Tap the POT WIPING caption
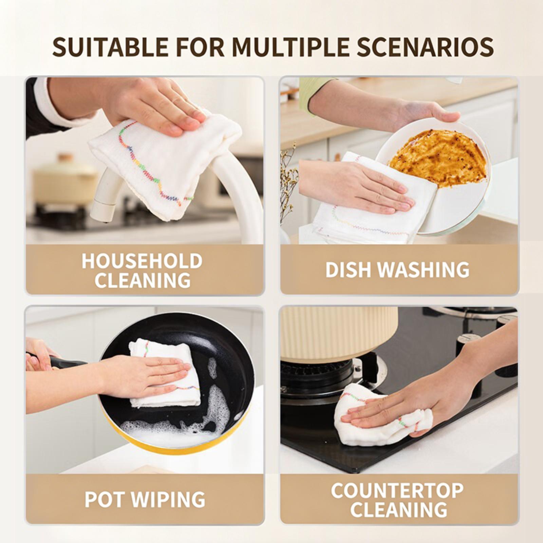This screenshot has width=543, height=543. click(x=145, y=499)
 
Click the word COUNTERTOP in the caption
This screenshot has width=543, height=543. click(x=397, y=490)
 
